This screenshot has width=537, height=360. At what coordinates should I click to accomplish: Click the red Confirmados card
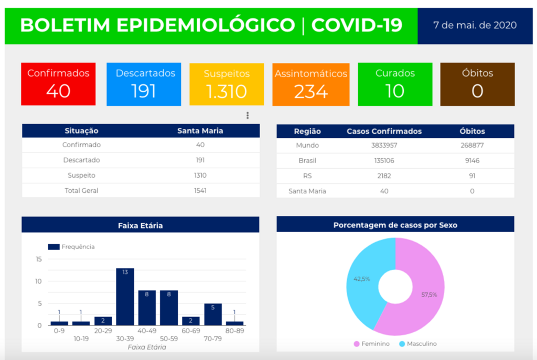tap(58, 84)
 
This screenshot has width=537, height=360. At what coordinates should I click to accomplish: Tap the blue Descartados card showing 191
tap(144, 84)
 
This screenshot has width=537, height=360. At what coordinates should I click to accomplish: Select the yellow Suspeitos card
tap(227, 84)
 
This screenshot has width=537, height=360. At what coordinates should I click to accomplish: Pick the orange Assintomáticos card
tap(311, 84)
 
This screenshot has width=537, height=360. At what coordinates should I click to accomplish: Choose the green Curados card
tap(395, 84)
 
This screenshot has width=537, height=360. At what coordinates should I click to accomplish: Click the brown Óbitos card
tap(477, 84)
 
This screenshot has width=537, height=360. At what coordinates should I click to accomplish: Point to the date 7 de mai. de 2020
tap(475, 25)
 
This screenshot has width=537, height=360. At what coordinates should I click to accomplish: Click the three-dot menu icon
tap(248, 115)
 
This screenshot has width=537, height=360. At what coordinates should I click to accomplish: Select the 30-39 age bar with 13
tap(125, 297)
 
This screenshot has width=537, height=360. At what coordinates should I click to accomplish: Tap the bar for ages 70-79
tap(213, 314)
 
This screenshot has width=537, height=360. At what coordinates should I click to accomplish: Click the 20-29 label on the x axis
tap(103, 331)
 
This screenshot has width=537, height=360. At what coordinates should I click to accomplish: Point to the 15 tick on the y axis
tap(39, 259)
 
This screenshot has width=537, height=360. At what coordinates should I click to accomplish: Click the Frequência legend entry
tap(71, 247)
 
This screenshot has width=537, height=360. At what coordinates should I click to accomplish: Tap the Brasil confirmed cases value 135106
tap(384, 160)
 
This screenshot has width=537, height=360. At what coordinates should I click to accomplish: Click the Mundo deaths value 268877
tap(472, 145)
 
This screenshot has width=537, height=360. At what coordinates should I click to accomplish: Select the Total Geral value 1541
tap(200, 191)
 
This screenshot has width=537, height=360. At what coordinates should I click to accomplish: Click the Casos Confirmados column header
tap(384, 132)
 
